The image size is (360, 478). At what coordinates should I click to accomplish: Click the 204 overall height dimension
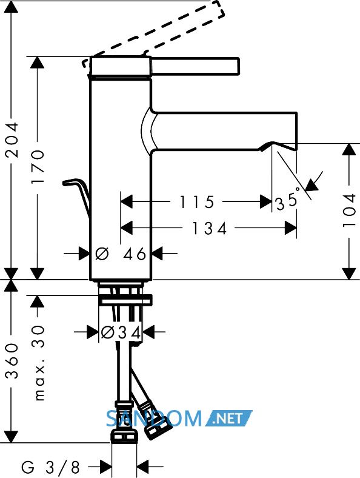13,140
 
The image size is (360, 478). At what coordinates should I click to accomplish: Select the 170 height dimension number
38,166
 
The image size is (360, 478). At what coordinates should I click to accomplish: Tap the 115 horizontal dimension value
197,202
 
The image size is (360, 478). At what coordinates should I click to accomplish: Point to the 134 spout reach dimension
210,228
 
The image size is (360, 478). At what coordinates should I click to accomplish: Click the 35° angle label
287,200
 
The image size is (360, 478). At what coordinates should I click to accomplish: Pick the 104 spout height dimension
349,210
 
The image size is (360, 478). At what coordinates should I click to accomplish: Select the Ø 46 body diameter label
121,254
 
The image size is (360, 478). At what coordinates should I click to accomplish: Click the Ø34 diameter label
121,332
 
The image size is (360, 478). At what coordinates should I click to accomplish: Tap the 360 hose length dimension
13,361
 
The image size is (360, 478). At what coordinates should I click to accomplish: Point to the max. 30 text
38,363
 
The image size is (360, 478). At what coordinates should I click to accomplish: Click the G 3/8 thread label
50,466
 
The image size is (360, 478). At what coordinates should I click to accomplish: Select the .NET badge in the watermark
228,419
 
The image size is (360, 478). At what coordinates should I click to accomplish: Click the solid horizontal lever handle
195,66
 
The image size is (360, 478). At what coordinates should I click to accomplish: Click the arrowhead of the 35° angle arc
312,185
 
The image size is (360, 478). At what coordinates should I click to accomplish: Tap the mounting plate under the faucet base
125,300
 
